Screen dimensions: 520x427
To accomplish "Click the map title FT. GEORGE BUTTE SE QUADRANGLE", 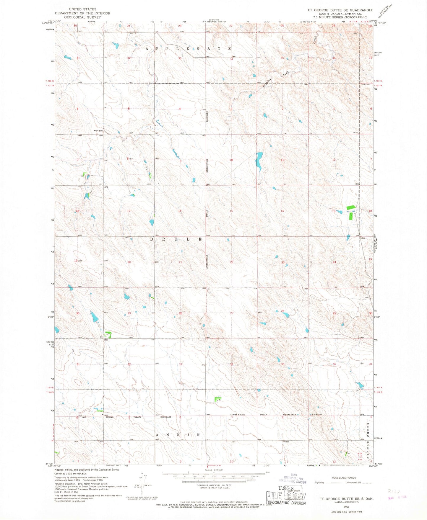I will [x=340, y=10].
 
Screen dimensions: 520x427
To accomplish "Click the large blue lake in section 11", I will [x=259, y=161].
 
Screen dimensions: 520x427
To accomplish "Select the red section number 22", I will [x=232, y=262].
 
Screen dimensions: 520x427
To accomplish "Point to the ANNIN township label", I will [x=178, y=435].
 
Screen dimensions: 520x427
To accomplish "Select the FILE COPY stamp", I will [x=285, y=496].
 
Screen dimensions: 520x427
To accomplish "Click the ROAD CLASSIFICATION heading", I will [x=344, y=478].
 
